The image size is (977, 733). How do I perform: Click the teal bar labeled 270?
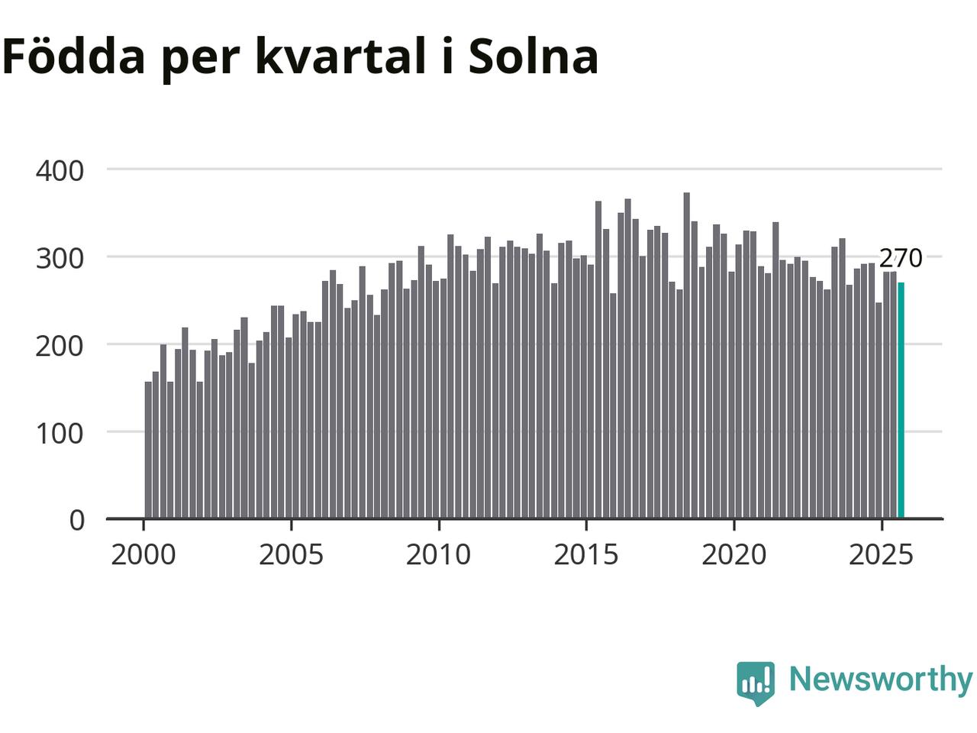pos(901,401)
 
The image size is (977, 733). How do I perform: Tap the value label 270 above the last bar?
pos(901,259)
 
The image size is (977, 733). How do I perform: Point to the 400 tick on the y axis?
pos(60,170)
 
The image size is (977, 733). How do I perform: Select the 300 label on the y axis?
pos(60,258)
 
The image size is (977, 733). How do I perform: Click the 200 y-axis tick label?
pos(60,346)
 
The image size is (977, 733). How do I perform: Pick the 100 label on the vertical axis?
pos(60,434)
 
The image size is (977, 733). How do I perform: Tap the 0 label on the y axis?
pos(76,521)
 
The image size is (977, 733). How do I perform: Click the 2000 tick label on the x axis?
pos(143,555)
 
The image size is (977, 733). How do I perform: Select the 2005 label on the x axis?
pos(291,555)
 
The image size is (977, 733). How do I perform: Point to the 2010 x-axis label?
pos(438,555)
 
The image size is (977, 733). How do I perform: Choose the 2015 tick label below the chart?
pos(586,555)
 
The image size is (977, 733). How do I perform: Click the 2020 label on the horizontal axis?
pos(734,555)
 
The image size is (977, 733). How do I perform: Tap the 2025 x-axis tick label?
pos(881,555)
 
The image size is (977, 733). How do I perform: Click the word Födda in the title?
pos(73,57)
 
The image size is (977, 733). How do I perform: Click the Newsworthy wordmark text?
pos(880,679)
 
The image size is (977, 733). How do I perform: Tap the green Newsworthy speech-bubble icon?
pos(756,682)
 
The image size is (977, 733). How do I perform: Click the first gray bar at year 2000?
pos(148,450)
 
